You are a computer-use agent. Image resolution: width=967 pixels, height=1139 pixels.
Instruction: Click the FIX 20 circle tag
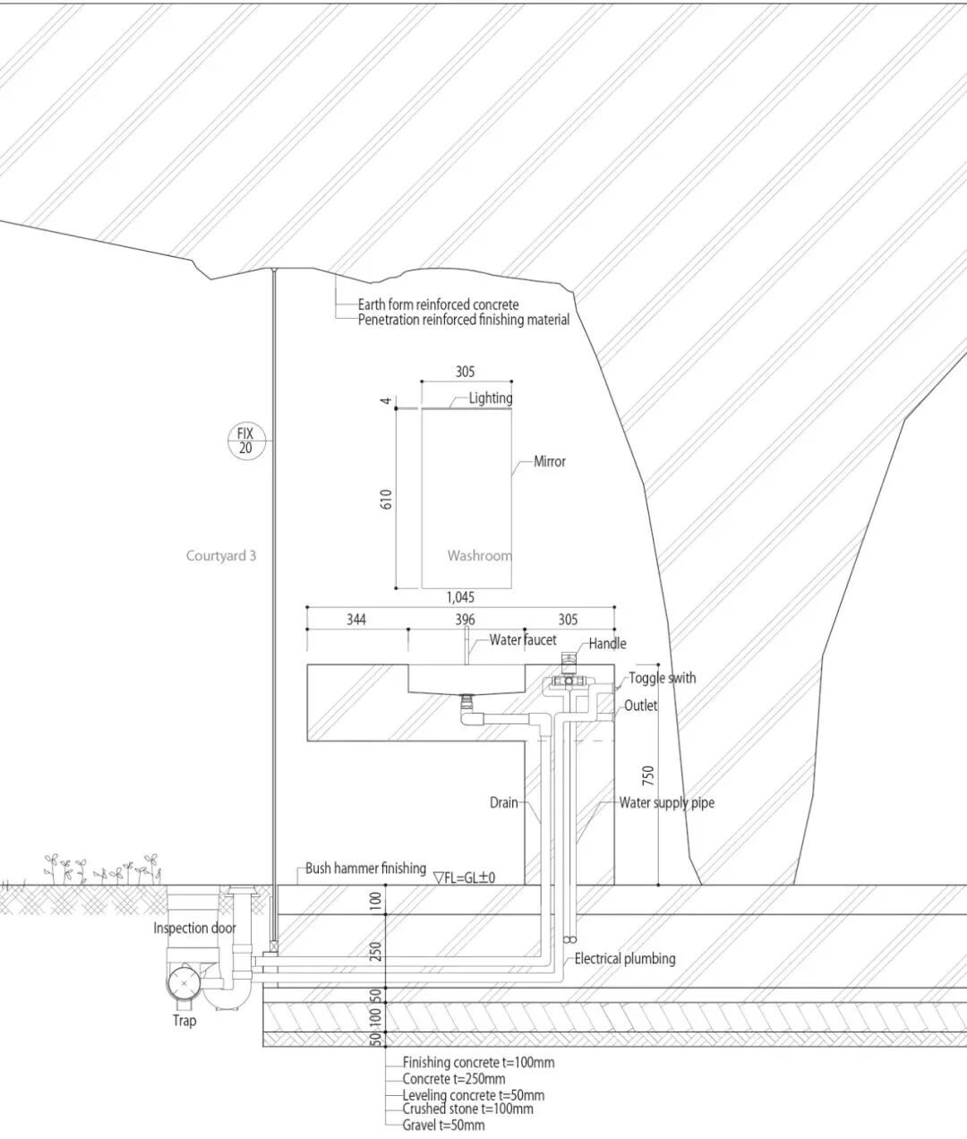(245, 441)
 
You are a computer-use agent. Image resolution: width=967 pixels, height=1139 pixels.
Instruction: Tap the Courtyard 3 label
(221, 555)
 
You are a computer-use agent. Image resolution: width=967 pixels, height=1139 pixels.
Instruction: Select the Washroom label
(479, 555)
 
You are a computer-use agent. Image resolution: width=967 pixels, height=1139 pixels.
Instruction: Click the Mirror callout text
(550, 461)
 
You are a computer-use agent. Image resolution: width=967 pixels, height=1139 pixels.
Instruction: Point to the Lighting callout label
(491, 398)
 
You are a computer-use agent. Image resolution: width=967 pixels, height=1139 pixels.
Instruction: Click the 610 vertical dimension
(387, 499)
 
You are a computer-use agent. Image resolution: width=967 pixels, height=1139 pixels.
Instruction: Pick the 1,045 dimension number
(459, 596)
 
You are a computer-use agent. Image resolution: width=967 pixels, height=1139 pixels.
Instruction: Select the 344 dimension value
(356, 619)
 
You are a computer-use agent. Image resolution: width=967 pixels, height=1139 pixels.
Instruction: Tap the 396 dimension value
(465, 619)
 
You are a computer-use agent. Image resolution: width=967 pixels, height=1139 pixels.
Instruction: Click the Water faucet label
(523, 640)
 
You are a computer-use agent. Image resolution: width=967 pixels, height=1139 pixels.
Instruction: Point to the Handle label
(608, 643)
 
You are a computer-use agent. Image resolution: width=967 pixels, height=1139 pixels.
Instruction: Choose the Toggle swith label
(662, 678)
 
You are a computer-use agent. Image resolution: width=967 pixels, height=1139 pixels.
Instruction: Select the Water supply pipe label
(667, 802)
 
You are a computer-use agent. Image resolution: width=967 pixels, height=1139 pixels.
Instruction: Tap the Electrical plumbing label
(625, 958)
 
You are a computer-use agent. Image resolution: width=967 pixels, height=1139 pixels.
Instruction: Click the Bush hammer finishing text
(365, 868)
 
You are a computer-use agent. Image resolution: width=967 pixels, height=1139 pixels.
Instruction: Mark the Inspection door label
(194, 928)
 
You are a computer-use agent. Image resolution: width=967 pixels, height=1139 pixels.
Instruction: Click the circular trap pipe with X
(184, 982)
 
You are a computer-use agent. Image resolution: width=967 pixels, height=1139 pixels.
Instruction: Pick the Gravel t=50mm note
(443, 1125)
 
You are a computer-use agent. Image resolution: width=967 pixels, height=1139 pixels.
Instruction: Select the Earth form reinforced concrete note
(438, 304)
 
